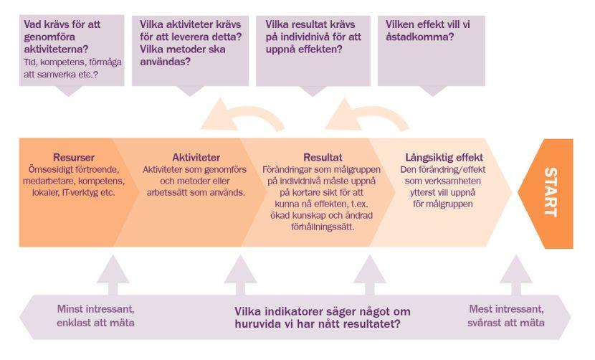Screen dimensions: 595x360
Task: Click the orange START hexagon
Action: pyautogui.click(x=546, y=194)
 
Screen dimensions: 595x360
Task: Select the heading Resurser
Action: pyautogui.click(x=74, y=157)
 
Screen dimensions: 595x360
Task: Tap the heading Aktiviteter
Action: pyautogui.click(x=196, y=157)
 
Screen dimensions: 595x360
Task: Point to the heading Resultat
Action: pyautogui.click(x=323, y=157)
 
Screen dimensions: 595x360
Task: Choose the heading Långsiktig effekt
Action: pyautogui.click(x=444, y=157)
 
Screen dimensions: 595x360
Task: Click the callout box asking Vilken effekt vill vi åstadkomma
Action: pyautogui.click(x=432, y=51)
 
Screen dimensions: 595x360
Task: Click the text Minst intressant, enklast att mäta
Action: pyautogui.click(x=95, y=316)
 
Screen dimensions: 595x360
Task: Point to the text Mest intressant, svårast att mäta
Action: pyautogui.click(x=506, y=316)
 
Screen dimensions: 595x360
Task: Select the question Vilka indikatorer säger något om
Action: pyautogui.click(x=322, y=312)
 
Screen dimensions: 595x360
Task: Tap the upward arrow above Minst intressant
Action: pyautogui.click(x=113, y=275)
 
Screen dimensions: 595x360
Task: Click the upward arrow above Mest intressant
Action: pyautogui.click(x=515, y=275)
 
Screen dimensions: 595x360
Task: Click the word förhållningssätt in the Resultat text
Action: pyautogui.click(x=323, y=227)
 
